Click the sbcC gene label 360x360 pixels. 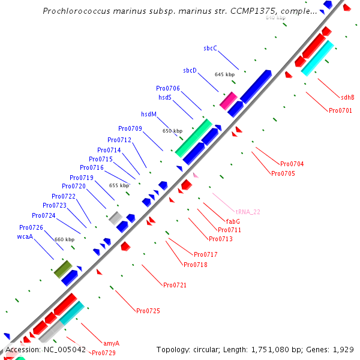coord(210,48)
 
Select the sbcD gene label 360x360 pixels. coord(190,70)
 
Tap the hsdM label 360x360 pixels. coord(149,114)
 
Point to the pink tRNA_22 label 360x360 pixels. coord(248,212)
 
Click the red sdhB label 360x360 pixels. coord(347,97)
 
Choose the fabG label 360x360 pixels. coord(233,221)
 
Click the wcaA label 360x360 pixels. coord(25,236)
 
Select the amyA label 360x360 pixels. coord(111,343)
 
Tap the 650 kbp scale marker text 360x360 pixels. coord(173,131)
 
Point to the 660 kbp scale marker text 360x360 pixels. coord(64,239)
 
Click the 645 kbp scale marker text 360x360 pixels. coord(224,74)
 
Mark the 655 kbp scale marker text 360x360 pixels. coord(119,185)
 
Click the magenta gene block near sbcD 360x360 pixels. coord(228,100)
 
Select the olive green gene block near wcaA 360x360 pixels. coord(63,269)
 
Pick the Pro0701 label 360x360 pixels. coord(340,110)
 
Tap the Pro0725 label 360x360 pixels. coord(148,311)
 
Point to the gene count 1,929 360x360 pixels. coord(344,349)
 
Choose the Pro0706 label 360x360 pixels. coord(168,88)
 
